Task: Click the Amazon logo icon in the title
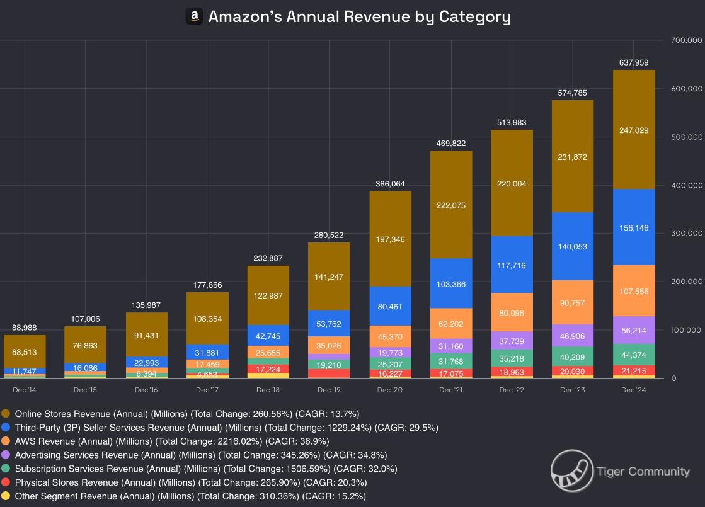click(x=194, y=16)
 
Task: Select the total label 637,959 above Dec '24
click(x=633, y=62)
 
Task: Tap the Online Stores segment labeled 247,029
click(x=633, y=130)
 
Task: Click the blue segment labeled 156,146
click(x=633, y=227)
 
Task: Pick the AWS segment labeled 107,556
click(x=633, y=291)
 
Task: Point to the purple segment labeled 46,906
click(x=572, y=335)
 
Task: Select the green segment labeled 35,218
click(x=511, y=358)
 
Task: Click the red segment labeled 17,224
click(x=268, y=368)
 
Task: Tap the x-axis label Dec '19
click(x=329, y=390)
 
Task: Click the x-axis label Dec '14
click(x=24, y=390)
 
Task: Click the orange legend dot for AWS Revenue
click(x=6, y=441)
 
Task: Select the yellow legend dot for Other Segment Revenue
click(x=6, y=496)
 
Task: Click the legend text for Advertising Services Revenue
click(x=200, y=455)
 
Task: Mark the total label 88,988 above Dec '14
click(x=24, y=328)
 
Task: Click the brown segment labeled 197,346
click(x=390, y=239)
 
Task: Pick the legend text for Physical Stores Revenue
click(x=190, y=482)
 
